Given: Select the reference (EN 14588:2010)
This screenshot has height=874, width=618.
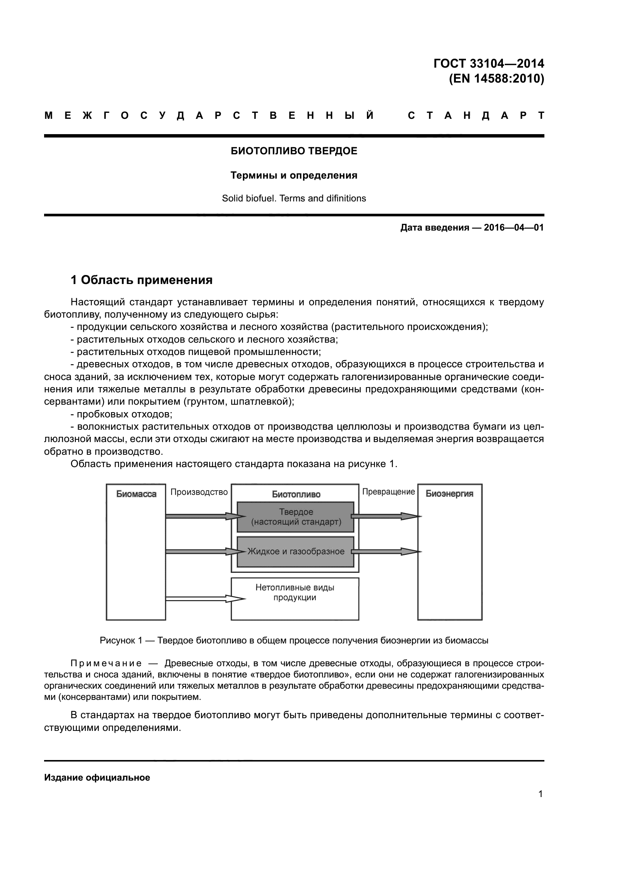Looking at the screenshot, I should coord(496,79).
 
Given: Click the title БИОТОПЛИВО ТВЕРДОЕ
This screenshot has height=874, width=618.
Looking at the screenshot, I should coord(294,151).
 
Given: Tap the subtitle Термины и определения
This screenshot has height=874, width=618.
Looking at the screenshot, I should coord(294,176).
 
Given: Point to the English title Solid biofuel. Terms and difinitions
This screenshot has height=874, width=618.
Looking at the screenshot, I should coord(294,198).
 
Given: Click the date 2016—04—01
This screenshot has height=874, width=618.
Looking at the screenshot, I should coord(513,228).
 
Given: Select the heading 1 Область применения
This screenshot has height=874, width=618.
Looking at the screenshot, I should coord(141,280).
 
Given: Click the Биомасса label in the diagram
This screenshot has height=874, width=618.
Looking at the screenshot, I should coord(136,494).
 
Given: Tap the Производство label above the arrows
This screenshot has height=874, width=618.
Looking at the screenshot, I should coord(199,492).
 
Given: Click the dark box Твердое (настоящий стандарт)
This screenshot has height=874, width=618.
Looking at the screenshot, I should coord(296,517).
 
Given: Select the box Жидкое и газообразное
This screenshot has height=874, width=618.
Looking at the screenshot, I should coord(296,552).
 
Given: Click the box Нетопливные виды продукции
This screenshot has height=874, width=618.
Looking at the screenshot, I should coord(295,593).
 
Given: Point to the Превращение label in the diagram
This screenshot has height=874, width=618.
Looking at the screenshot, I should coord(388,492).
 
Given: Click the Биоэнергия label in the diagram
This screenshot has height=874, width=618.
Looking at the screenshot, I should coord(449,494).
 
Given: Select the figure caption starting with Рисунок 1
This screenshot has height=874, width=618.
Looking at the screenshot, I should coord(294,641).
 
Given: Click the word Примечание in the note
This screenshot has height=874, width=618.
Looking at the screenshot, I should coord(106,664).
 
